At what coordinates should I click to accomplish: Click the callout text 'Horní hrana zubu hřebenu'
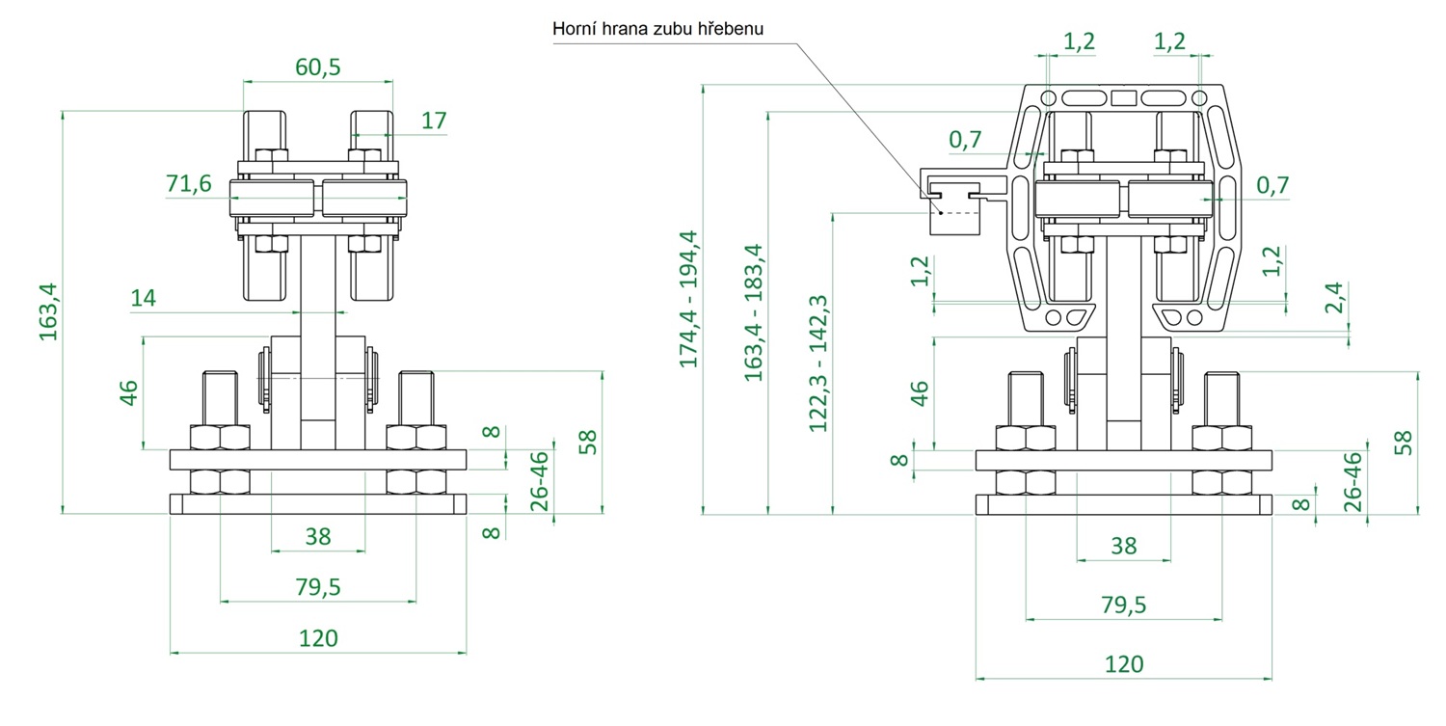point(657,29)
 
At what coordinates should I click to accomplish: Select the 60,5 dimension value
point(317,67)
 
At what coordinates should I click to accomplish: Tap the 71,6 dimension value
point(188,184)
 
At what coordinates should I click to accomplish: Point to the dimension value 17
point(434,121)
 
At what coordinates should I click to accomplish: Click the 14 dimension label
point(143,298)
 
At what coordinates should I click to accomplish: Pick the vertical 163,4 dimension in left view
point(48,311)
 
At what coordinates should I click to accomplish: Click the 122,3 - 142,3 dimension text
point(819,363)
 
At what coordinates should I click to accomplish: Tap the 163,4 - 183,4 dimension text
point(754,311)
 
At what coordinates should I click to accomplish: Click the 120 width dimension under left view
point(318,637)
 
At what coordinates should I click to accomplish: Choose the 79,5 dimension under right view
point(1123,605)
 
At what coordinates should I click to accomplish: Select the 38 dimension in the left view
point(318,536)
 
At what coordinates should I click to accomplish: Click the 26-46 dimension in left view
point(540,479)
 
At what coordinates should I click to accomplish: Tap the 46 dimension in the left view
point(128,391)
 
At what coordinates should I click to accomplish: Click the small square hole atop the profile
point(1123,97)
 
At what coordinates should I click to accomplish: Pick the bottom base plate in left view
point(318,503)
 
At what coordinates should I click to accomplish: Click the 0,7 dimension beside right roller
point(1272,184)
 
